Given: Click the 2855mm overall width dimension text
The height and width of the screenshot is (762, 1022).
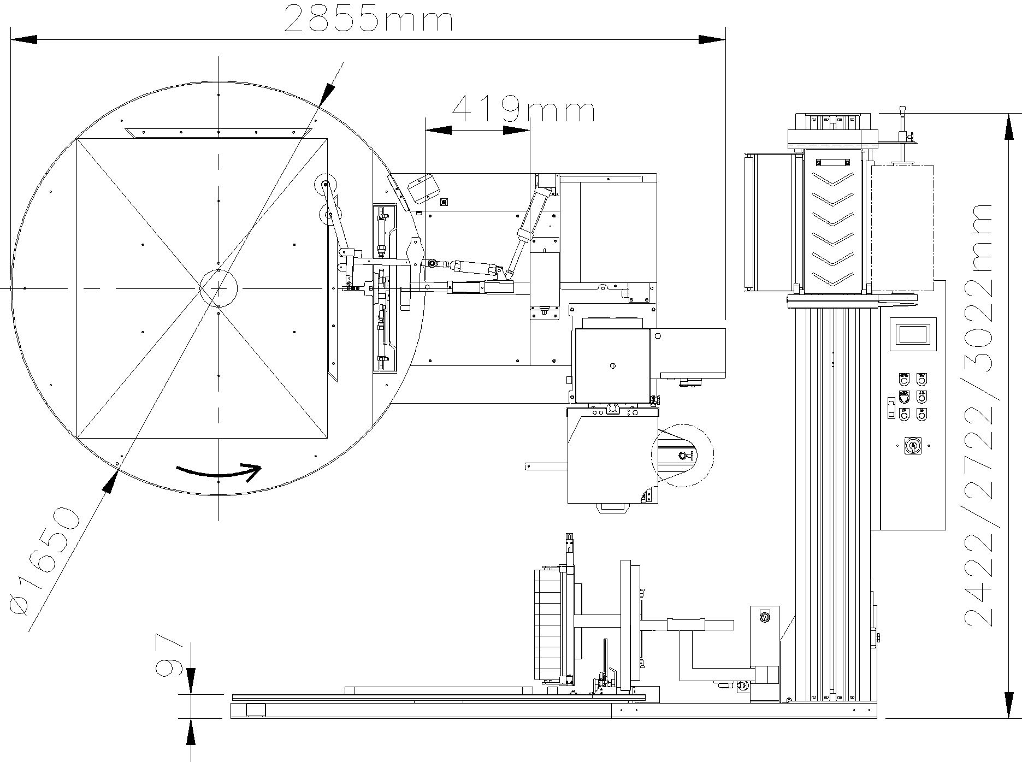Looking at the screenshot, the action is click(x=368, y=19).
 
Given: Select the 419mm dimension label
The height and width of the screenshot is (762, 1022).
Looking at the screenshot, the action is click(x=523, y=109).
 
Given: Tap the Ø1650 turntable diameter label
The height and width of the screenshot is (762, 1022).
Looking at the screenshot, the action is click(x=45, y=561).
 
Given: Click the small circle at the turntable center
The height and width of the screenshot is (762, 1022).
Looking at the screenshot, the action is click(x=218, y=287).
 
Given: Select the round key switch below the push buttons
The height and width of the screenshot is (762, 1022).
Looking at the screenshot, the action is click(x=912, y=446).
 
